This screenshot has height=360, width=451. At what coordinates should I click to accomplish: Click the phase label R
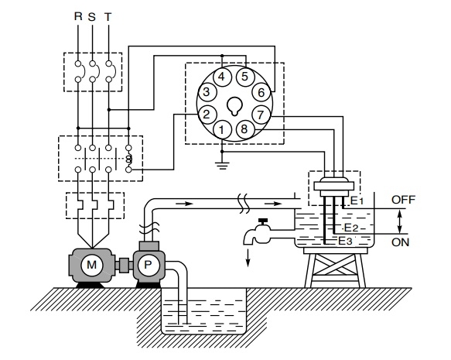click(78, 16)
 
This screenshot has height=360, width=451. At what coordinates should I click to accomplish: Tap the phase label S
click(92, 17)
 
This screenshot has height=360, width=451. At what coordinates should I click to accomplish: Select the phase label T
click(108, 17)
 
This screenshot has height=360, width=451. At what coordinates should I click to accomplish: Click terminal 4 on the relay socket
click(221, 77)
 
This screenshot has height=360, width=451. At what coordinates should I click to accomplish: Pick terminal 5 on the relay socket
click(244, 77)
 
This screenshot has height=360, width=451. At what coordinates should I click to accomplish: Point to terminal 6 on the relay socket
click(261, 92)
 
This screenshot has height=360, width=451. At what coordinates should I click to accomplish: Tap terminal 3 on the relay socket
click(207, 92)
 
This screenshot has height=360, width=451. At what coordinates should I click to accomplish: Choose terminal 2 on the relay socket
click(207, 115)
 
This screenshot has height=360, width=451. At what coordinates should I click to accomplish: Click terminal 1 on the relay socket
click(221, 129)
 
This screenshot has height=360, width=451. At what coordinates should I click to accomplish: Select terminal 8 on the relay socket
click(244, 129)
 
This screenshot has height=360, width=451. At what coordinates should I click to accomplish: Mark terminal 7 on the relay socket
click(261, 115)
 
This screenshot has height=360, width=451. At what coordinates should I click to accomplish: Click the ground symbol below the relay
click(222, 166)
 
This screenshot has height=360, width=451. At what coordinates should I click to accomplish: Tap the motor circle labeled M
click(92, 265)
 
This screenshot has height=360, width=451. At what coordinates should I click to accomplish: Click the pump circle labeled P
click(148, 265)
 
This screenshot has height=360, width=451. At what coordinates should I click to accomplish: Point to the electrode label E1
click(357, 201)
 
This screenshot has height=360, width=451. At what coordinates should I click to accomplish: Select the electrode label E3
click(345, 241)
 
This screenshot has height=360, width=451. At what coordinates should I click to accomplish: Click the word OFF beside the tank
click(403, 200)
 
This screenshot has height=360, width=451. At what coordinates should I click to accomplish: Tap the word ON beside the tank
click(400, 242)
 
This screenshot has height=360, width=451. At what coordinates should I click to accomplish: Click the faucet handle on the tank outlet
click(263, 221)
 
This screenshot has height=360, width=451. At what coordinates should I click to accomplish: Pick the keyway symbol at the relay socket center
click(234, 106)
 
